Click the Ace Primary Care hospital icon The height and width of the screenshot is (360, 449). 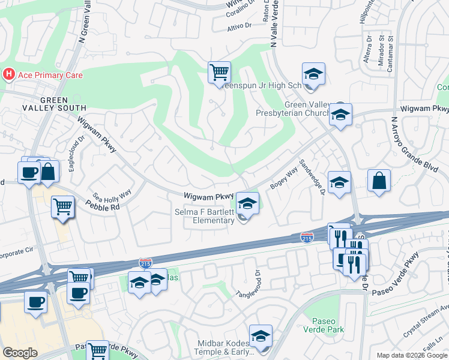[9, 74]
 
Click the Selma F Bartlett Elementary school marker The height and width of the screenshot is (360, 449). [247, 203]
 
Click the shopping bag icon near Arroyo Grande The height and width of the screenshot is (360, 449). [379, 181]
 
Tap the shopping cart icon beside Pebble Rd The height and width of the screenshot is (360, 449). [62, 208]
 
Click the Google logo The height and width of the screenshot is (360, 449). [20, 353]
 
